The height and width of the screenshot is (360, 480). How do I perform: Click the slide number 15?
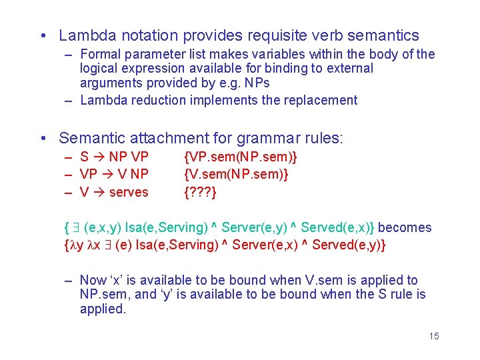pyautogui.click(x=434, y=336)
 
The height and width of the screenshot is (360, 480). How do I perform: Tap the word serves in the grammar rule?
pyautogui.click(x=128, y=192)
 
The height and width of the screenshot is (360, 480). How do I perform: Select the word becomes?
pyautogui.click(x=405, y=227)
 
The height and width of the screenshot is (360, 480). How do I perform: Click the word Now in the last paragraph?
pyautogui.click(x=93, y=280)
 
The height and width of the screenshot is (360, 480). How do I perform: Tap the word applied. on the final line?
pyautogui.click(x=103, y=309)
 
